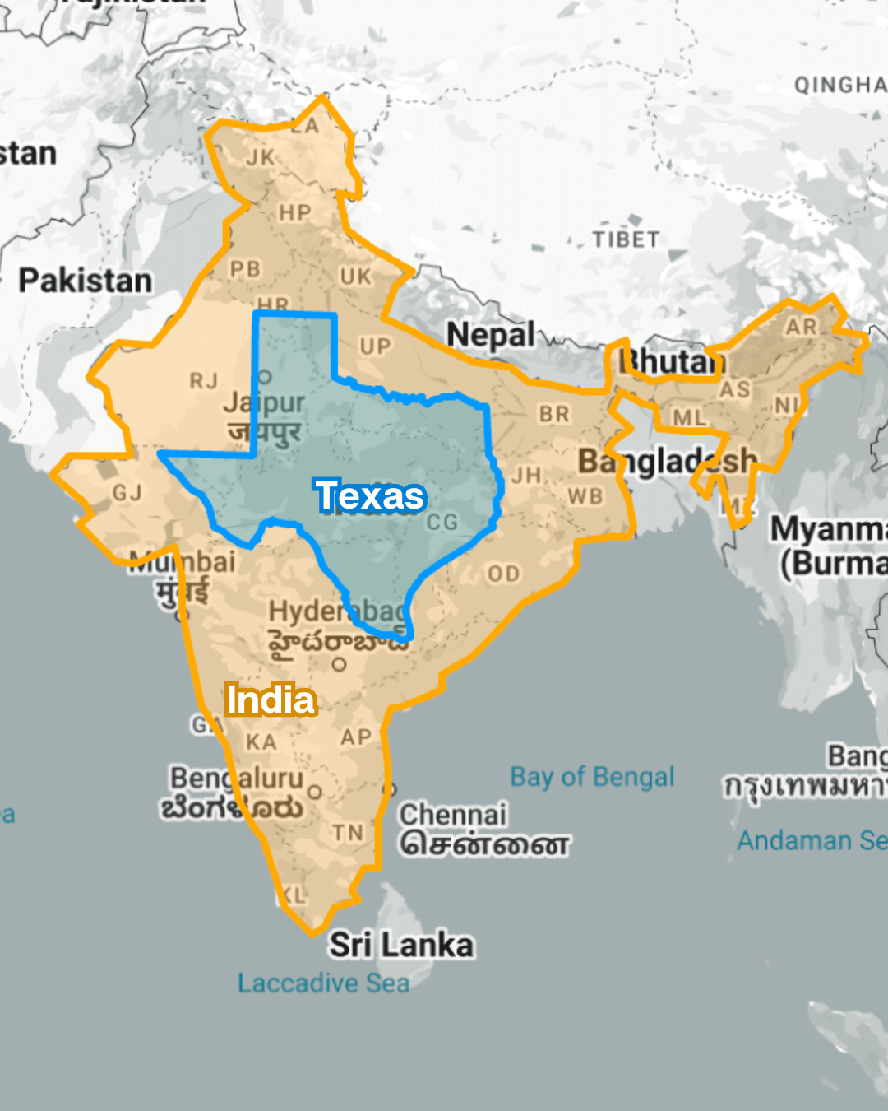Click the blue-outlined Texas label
pyautogui.click(x=371, y=495)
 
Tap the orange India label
pyautogui.click(x=271, y=700)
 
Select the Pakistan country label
pyautogui.click(x=86, y=281)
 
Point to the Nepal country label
pyautogui.click(x=490, y=335)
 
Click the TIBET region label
pyautogui.click(x=626, y=239)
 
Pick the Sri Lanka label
pyautogui.click(x=401, y=945)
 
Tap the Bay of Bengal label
pyautogui.click(x=592, y=776)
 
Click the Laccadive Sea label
pyautogui.click(x=323, y=983)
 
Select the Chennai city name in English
pyautogui.click(x=453, y=815)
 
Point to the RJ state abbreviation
pyautogui.click(x=204, y=381)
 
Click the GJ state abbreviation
pyautogui.click(x=127, y=493)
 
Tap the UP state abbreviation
pyautogui.click(x=375, y=346)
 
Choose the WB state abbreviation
pyautogui.click(x=585, y=496)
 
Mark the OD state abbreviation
pyautogui.click(x=503, y=574)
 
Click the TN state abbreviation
pyautogui.click(x=348, y=833)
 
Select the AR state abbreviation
pyautogui.click(x=801, y=327)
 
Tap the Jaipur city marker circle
pyautogui.click(x=265, y=377)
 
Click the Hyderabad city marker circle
pyautogui.click(x=340, y=665)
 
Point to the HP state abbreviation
pyautogui.click(x=294, y=213)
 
